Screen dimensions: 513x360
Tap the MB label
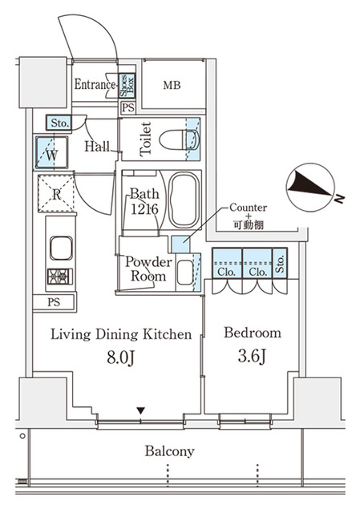tap(172, 85)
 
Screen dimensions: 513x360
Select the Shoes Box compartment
tap(127, 83)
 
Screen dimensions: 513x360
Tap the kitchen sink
tap(59, 248)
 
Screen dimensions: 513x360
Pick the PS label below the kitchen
tap(53, 302)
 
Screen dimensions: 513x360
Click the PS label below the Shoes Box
tap(127, 107)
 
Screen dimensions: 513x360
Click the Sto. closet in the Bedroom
tap(280, 265)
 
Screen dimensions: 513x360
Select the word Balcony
tap(169, 451)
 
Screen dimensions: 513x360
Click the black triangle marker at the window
tap(141, 412)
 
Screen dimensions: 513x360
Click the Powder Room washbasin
tap(184, 273)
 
